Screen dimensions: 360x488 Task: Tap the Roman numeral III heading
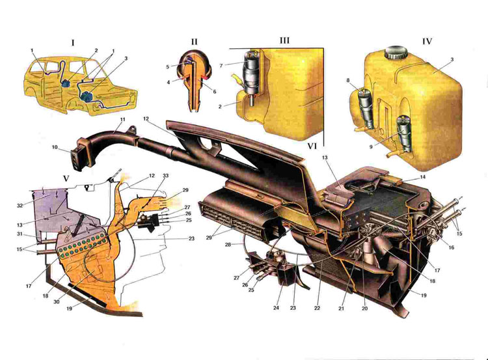(284, 40)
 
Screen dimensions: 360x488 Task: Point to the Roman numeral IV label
(427, 40)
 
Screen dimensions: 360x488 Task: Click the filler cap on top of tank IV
(394, 51)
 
